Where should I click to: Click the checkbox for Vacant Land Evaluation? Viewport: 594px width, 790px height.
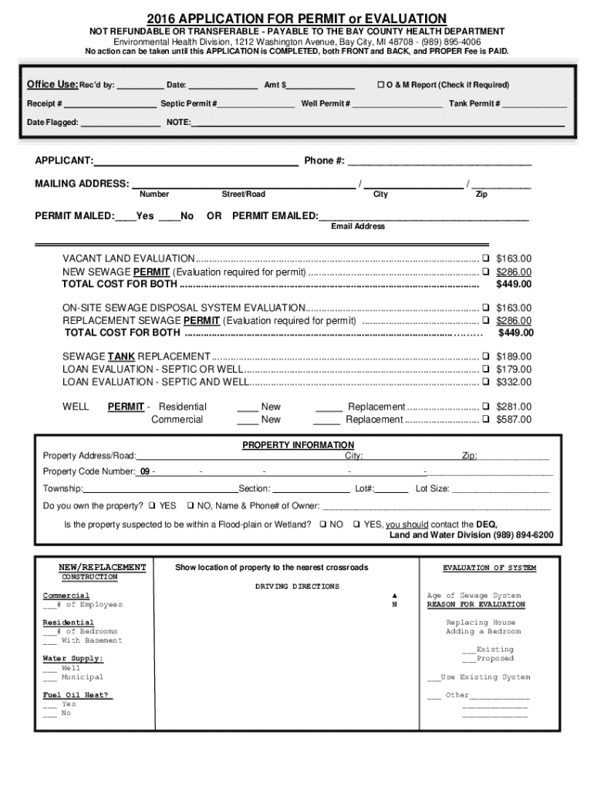[x=486, y=258]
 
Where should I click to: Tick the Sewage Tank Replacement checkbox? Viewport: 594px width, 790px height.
[x=486, y=356]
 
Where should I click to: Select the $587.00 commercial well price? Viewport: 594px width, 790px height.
[x=514, y=420]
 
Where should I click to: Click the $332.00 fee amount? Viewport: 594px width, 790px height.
[x=514, y=382]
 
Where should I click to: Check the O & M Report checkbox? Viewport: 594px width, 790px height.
[x=380, y=85]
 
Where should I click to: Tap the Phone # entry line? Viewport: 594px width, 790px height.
[x=440, y=161]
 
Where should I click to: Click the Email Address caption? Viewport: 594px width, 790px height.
[x=358, y=226]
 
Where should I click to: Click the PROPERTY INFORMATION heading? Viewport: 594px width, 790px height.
[x=298, y=445]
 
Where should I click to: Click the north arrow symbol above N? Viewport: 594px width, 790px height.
[x=393, y=596]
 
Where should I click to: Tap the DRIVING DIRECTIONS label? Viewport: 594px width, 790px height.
[x=297, y=586]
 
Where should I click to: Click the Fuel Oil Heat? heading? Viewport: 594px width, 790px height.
[x=77, y=695]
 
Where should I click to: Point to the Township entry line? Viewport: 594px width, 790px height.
[x=160, y=489]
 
